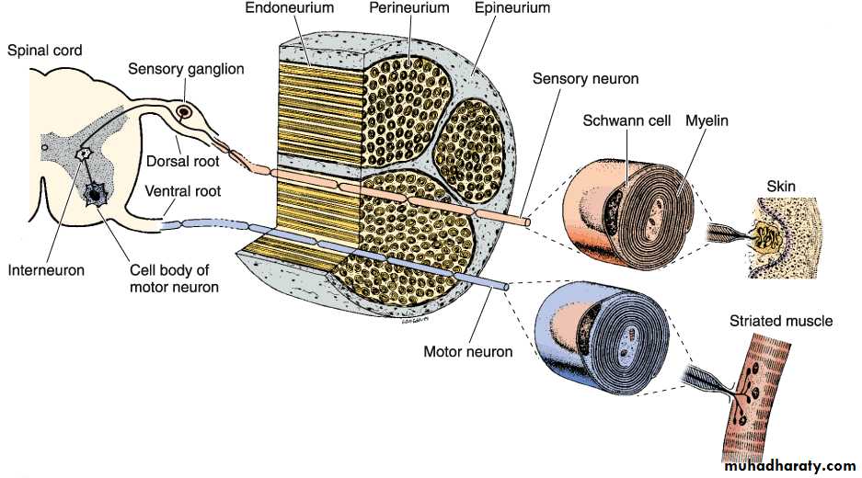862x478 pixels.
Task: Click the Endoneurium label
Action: coord(290,8)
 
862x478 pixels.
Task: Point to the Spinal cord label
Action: coord(45,51)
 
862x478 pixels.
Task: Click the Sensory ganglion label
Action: coord(185,69)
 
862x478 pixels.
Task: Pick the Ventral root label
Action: coord(182,192)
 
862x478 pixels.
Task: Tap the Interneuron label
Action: coord(46,270)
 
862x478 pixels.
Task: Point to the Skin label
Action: coord(780,187)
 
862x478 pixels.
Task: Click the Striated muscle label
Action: coord(780,321)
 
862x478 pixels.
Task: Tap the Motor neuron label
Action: coord(468,351)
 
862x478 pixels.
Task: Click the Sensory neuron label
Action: coord(586,78)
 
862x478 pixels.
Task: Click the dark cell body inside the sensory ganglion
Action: coord(184,112)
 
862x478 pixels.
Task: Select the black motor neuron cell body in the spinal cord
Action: coord(95,193)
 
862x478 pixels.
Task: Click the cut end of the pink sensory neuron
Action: coord(526,222)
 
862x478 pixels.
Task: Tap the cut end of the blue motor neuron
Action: coord(508,287)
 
